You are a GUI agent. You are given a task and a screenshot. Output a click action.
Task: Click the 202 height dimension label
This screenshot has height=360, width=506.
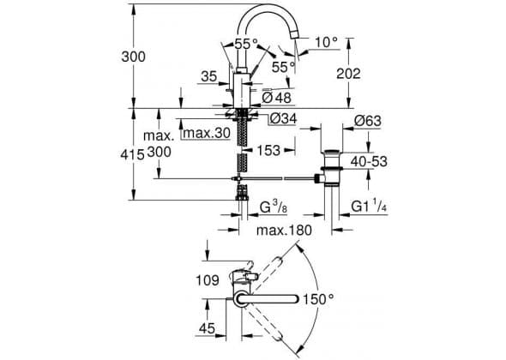point(348,74)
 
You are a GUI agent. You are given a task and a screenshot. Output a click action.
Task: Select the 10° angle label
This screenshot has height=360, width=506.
point(326,42)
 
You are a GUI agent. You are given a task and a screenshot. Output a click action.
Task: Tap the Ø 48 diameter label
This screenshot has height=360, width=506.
point(276,98)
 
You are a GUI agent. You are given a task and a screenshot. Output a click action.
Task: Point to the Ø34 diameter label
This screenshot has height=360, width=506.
point(283,118)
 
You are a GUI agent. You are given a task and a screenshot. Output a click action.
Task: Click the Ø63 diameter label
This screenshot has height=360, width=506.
point(367,121)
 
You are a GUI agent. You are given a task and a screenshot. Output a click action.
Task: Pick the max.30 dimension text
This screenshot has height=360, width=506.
point(207,133)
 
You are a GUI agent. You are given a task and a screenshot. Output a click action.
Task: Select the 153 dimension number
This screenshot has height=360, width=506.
point(268,150)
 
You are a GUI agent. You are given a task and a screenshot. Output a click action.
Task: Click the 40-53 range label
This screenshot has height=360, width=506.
point(369,161)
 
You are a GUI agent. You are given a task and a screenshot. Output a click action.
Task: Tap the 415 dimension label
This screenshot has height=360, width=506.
point(132,155)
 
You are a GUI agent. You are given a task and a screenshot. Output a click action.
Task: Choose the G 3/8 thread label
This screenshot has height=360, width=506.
point(274,207)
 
